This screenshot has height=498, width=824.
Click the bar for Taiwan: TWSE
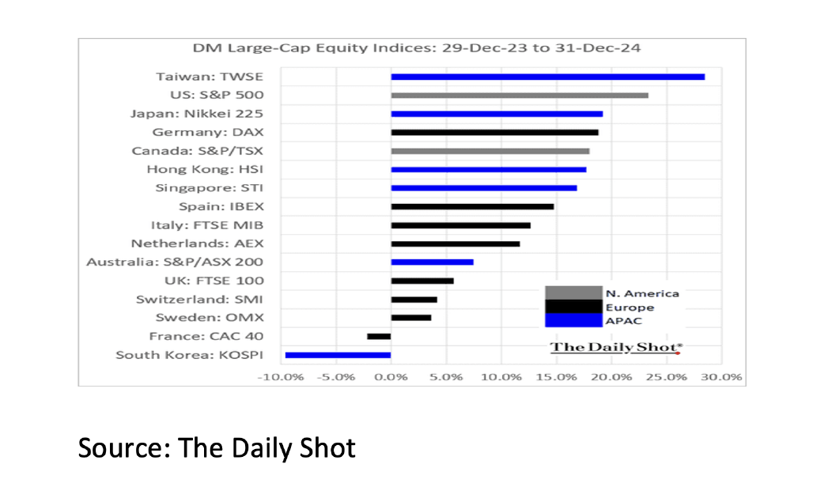(547, 77)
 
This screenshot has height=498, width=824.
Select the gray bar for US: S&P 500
(520, 96)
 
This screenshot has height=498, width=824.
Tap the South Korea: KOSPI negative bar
(338, 355)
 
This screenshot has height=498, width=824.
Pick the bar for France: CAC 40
(379, 337)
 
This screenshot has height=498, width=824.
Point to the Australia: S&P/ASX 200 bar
(432, 262)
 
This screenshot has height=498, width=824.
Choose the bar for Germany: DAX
(494, 132)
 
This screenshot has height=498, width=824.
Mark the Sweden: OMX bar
(411, 318)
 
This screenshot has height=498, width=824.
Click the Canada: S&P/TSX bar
(490, 151)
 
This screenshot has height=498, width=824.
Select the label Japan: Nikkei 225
(196, 113)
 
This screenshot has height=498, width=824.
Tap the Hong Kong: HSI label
(205, 169)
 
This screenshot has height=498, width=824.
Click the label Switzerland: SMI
(199, 300)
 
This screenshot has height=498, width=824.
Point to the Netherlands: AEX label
(197, 243)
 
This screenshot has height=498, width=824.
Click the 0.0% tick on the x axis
(391, 377)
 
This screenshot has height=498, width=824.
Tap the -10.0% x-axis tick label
(281, 377)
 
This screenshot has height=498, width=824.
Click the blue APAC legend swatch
(573, 320)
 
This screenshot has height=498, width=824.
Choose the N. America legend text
(641, 293)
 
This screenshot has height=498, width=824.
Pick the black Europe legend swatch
(573, 307)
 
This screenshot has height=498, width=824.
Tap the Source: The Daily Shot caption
(217, 448)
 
